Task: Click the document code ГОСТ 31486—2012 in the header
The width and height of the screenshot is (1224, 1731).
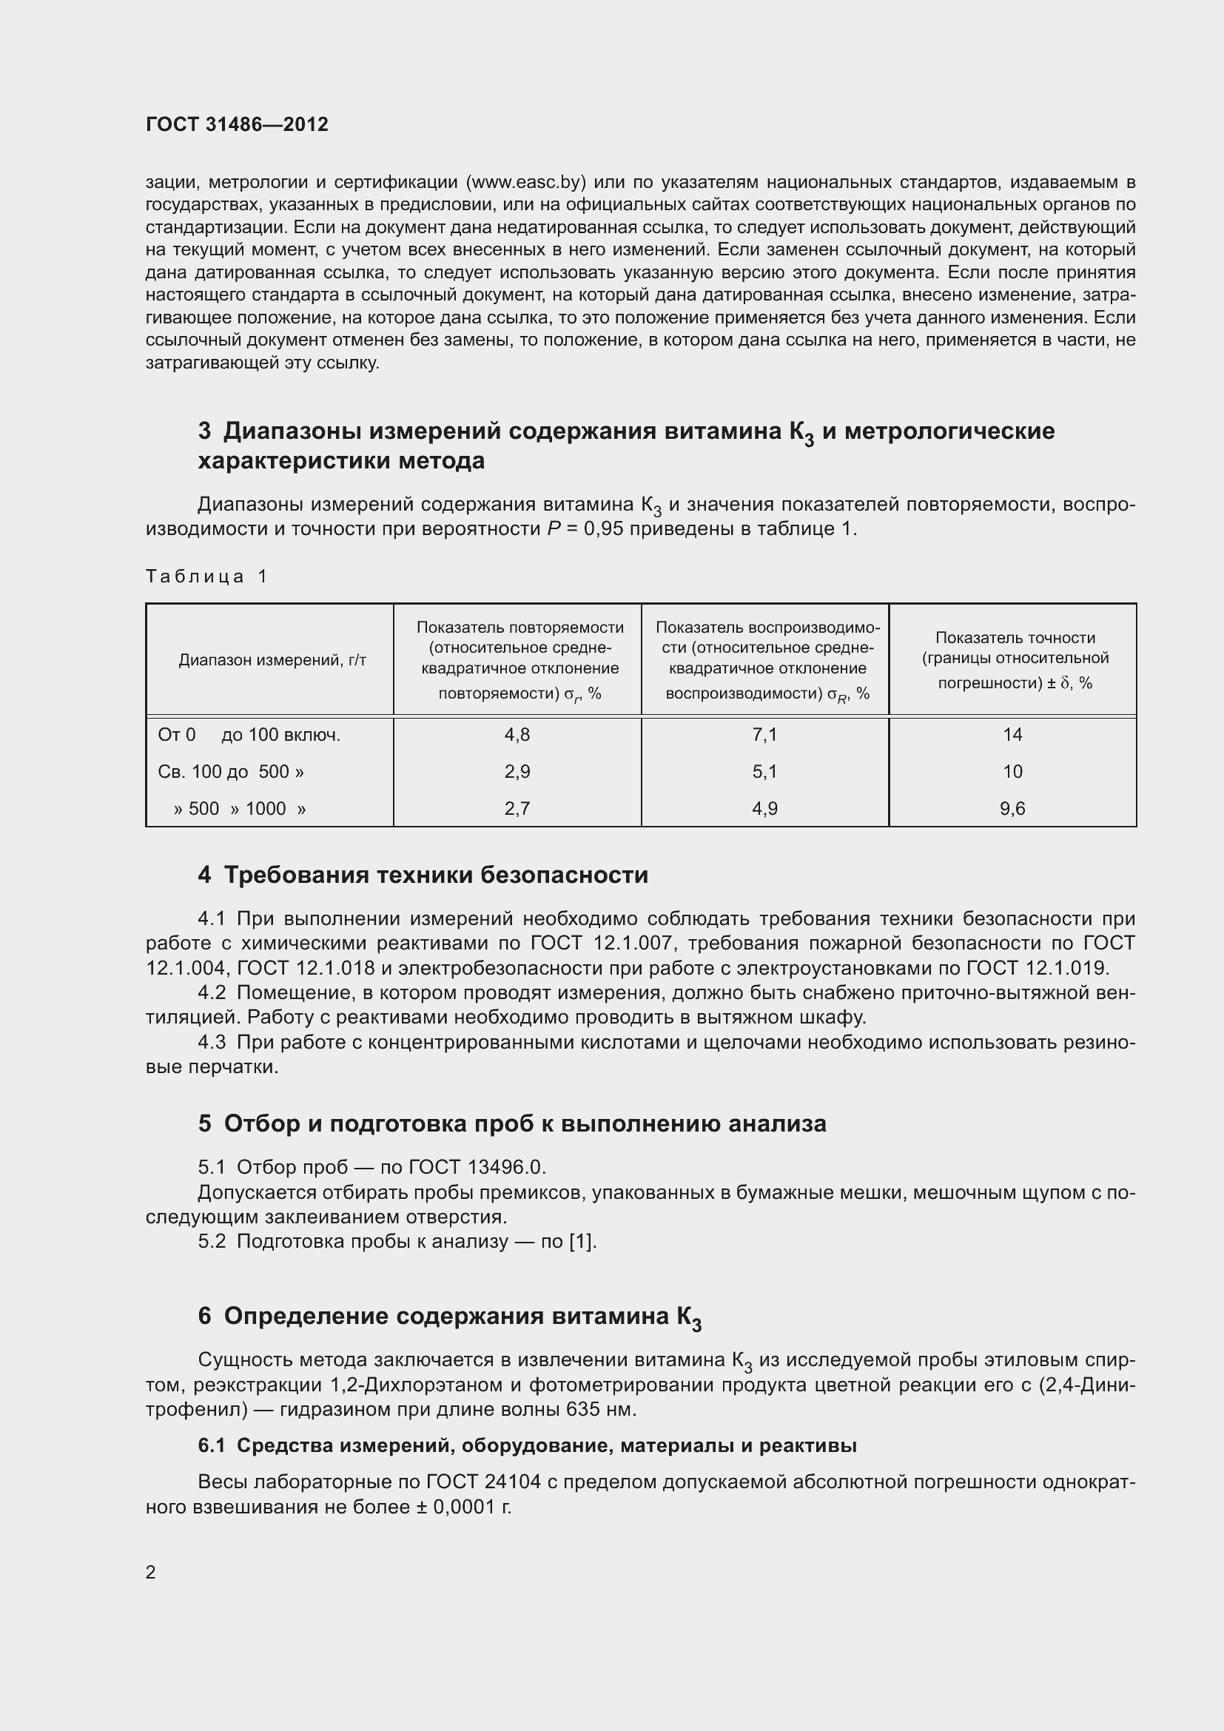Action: coord(237,124)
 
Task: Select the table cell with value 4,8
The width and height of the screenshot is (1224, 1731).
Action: coord(517,734)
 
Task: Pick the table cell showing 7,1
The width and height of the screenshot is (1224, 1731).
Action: coord(764,734)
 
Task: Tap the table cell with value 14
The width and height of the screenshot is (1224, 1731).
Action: coord(1012,734)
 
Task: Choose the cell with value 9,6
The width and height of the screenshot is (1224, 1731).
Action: coord(1012,808)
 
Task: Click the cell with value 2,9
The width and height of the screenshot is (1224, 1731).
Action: coord(517,771)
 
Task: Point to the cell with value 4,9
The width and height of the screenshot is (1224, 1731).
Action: coord(764,808)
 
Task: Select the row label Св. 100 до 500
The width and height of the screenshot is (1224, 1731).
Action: coord(231,771)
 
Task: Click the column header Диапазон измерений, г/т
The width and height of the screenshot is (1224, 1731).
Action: coord(272,660)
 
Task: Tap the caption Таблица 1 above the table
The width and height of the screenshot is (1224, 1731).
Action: coord(206,577)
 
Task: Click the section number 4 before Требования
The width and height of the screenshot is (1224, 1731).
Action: coord(204,875)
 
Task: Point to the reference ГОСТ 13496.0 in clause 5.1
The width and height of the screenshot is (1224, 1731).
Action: coord(476,1167)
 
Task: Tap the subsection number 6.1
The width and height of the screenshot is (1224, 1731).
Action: coord(212,1445)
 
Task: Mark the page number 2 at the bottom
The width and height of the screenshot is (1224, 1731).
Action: coord(151,1572)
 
